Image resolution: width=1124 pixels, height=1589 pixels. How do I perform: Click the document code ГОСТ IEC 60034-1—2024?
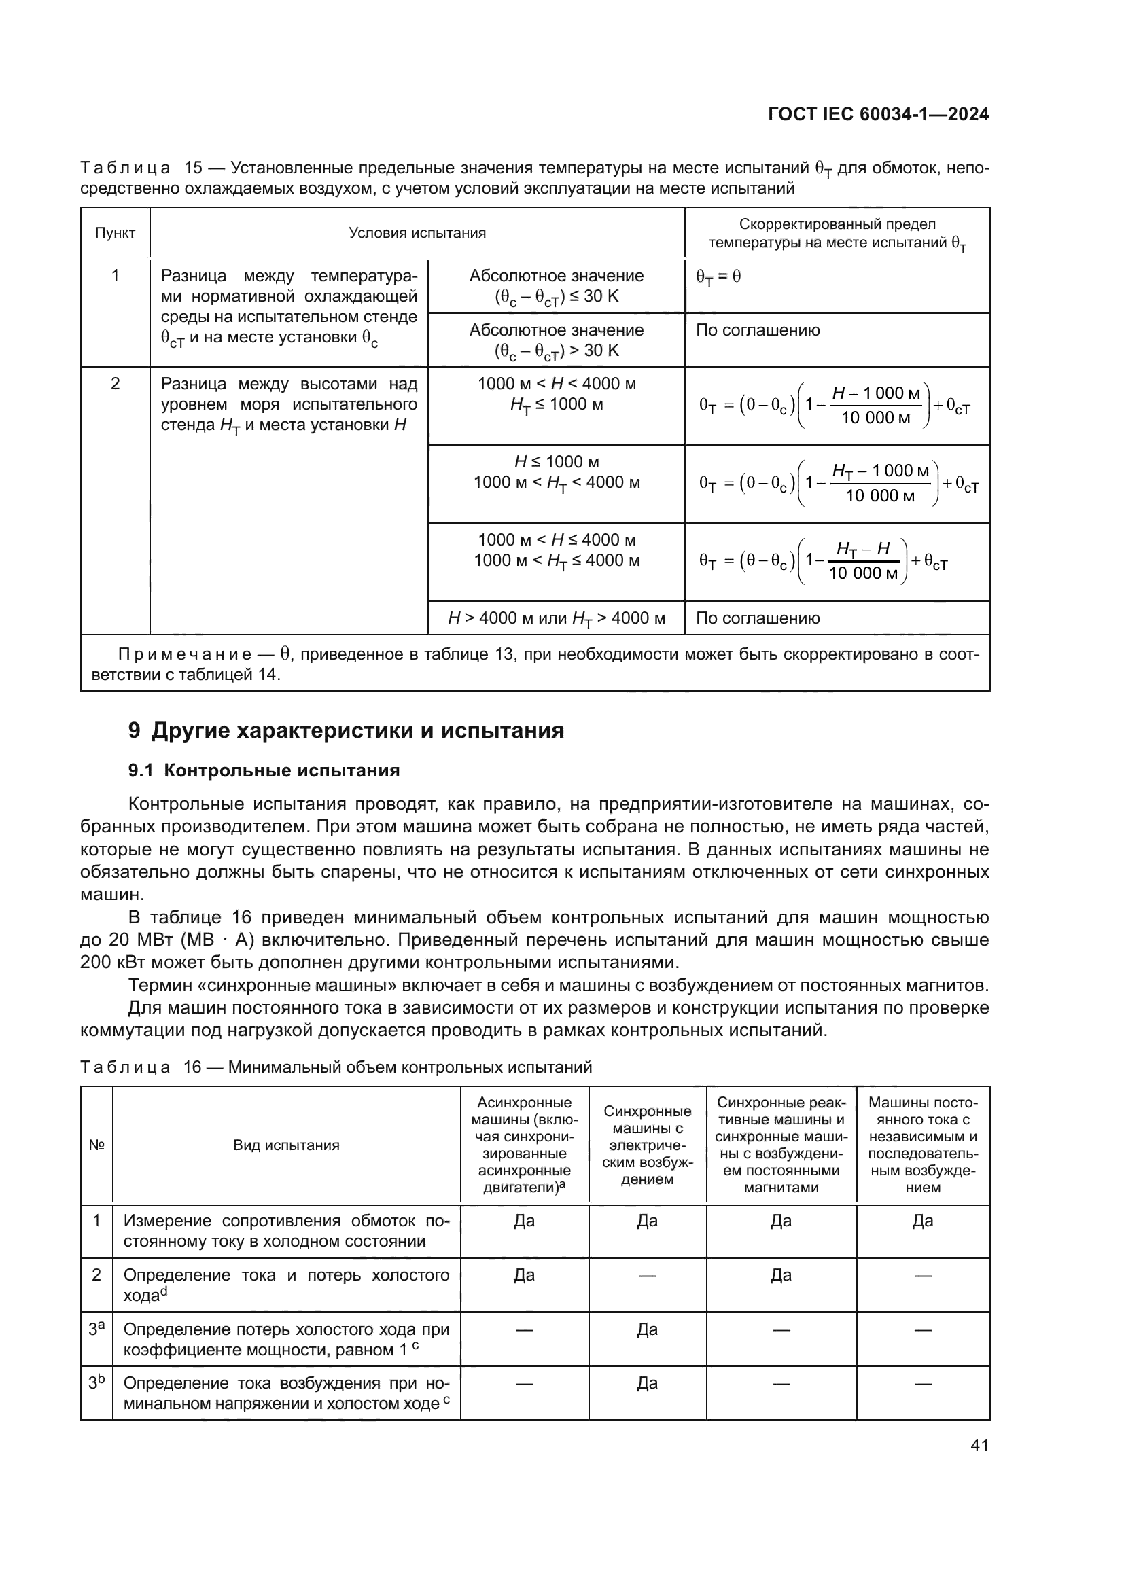pos(877,114)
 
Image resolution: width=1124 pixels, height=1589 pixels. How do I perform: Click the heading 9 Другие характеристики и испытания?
pos(346,731)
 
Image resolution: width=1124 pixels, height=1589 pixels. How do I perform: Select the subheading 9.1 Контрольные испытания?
pos(264,771)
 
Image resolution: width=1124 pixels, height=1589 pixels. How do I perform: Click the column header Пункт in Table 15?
pos(115,233)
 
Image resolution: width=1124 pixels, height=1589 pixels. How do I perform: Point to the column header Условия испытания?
pos(417,233)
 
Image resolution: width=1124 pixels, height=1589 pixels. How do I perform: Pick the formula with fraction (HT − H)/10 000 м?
pos(824,561)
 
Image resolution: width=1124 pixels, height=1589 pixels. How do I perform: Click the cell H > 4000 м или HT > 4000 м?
pos(557,618)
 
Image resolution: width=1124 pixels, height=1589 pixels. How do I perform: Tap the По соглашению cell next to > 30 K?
pos(758,330)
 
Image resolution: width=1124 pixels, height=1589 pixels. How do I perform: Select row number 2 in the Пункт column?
pos(115,384)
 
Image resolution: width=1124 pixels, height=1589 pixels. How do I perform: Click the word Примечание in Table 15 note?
pos(184,655)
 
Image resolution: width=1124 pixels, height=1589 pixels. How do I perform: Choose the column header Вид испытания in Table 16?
pos(286,1145)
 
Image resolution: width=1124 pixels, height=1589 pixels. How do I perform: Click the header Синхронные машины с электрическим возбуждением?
pos(647,1145)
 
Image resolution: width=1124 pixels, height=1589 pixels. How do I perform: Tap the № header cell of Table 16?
pos(96,1145)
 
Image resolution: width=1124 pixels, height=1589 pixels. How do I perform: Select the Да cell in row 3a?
pos(647,1329)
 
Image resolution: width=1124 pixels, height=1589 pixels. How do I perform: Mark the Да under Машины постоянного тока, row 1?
pos(923,1221)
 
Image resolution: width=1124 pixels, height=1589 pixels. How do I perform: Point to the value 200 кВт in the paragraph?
pos(108,963)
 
